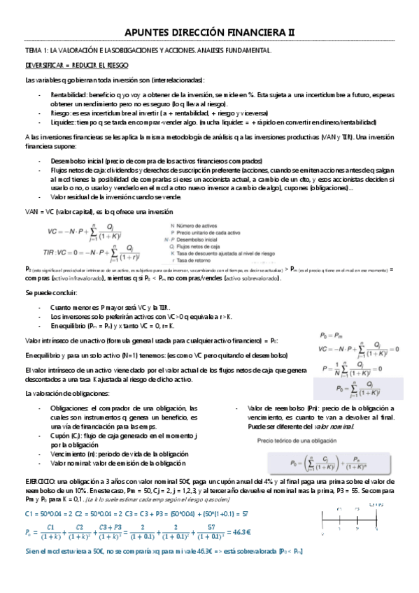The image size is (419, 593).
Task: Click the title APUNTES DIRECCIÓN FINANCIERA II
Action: click(209, 32)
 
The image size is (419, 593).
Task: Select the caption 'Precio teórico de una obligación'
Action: click(297, 441)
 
